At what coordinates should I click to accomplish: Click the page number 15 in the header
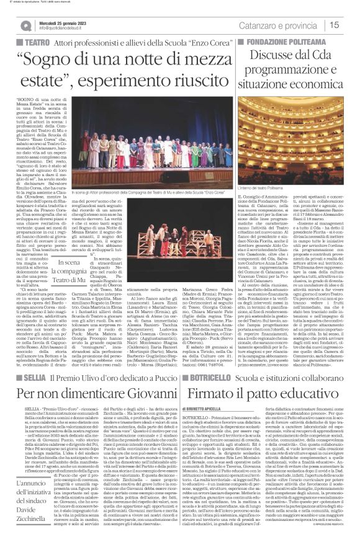pyautogui.click(x=351, y=25)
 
